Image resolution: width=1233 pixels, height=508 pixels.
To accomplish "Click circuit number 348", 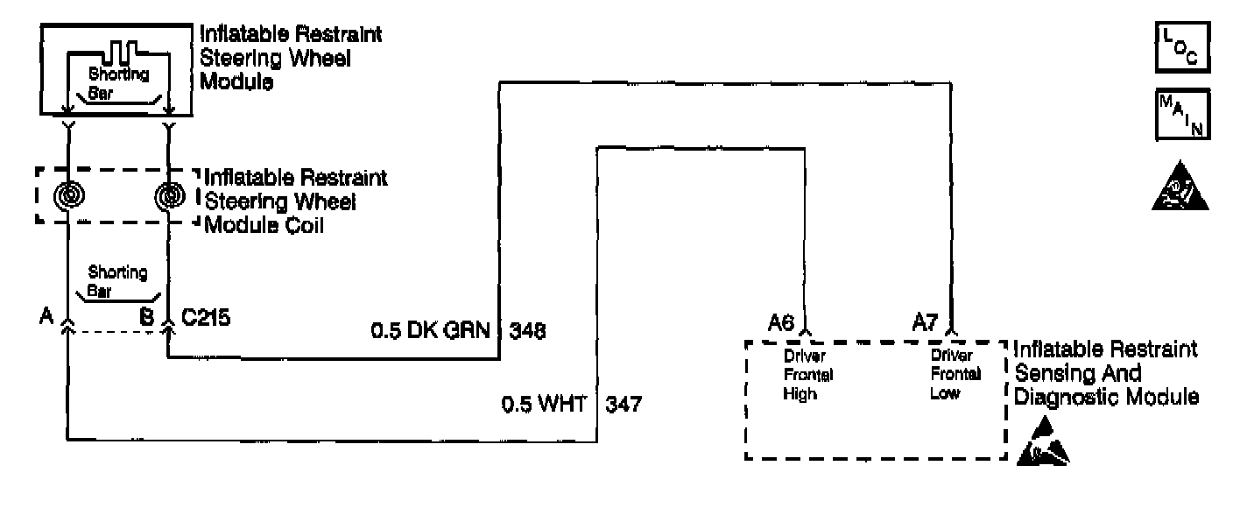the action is coord(527,332).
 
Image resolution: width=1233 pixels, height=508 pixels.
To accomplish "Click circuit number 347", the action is coord(623,405).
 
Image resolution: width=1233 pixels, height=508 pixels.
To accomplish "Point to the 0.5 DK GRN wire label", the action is coord(432,332).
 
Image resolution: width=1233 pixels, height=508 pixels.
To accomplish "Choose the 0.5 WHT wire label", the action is coord(543,405).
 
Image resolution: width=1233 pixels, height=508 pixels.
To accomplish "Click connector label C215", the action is coord(206,316).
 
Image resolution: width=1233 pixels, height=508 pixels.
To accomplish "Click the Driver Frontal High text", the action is coord(807,375).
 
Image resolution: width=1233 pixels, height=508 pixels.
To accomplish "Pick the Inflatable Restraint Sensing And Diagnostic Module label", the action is coord(1105,373).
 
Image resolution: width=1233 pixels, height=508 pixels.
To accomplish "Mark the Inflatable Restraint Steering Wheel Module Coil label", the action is coord(295,201).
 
